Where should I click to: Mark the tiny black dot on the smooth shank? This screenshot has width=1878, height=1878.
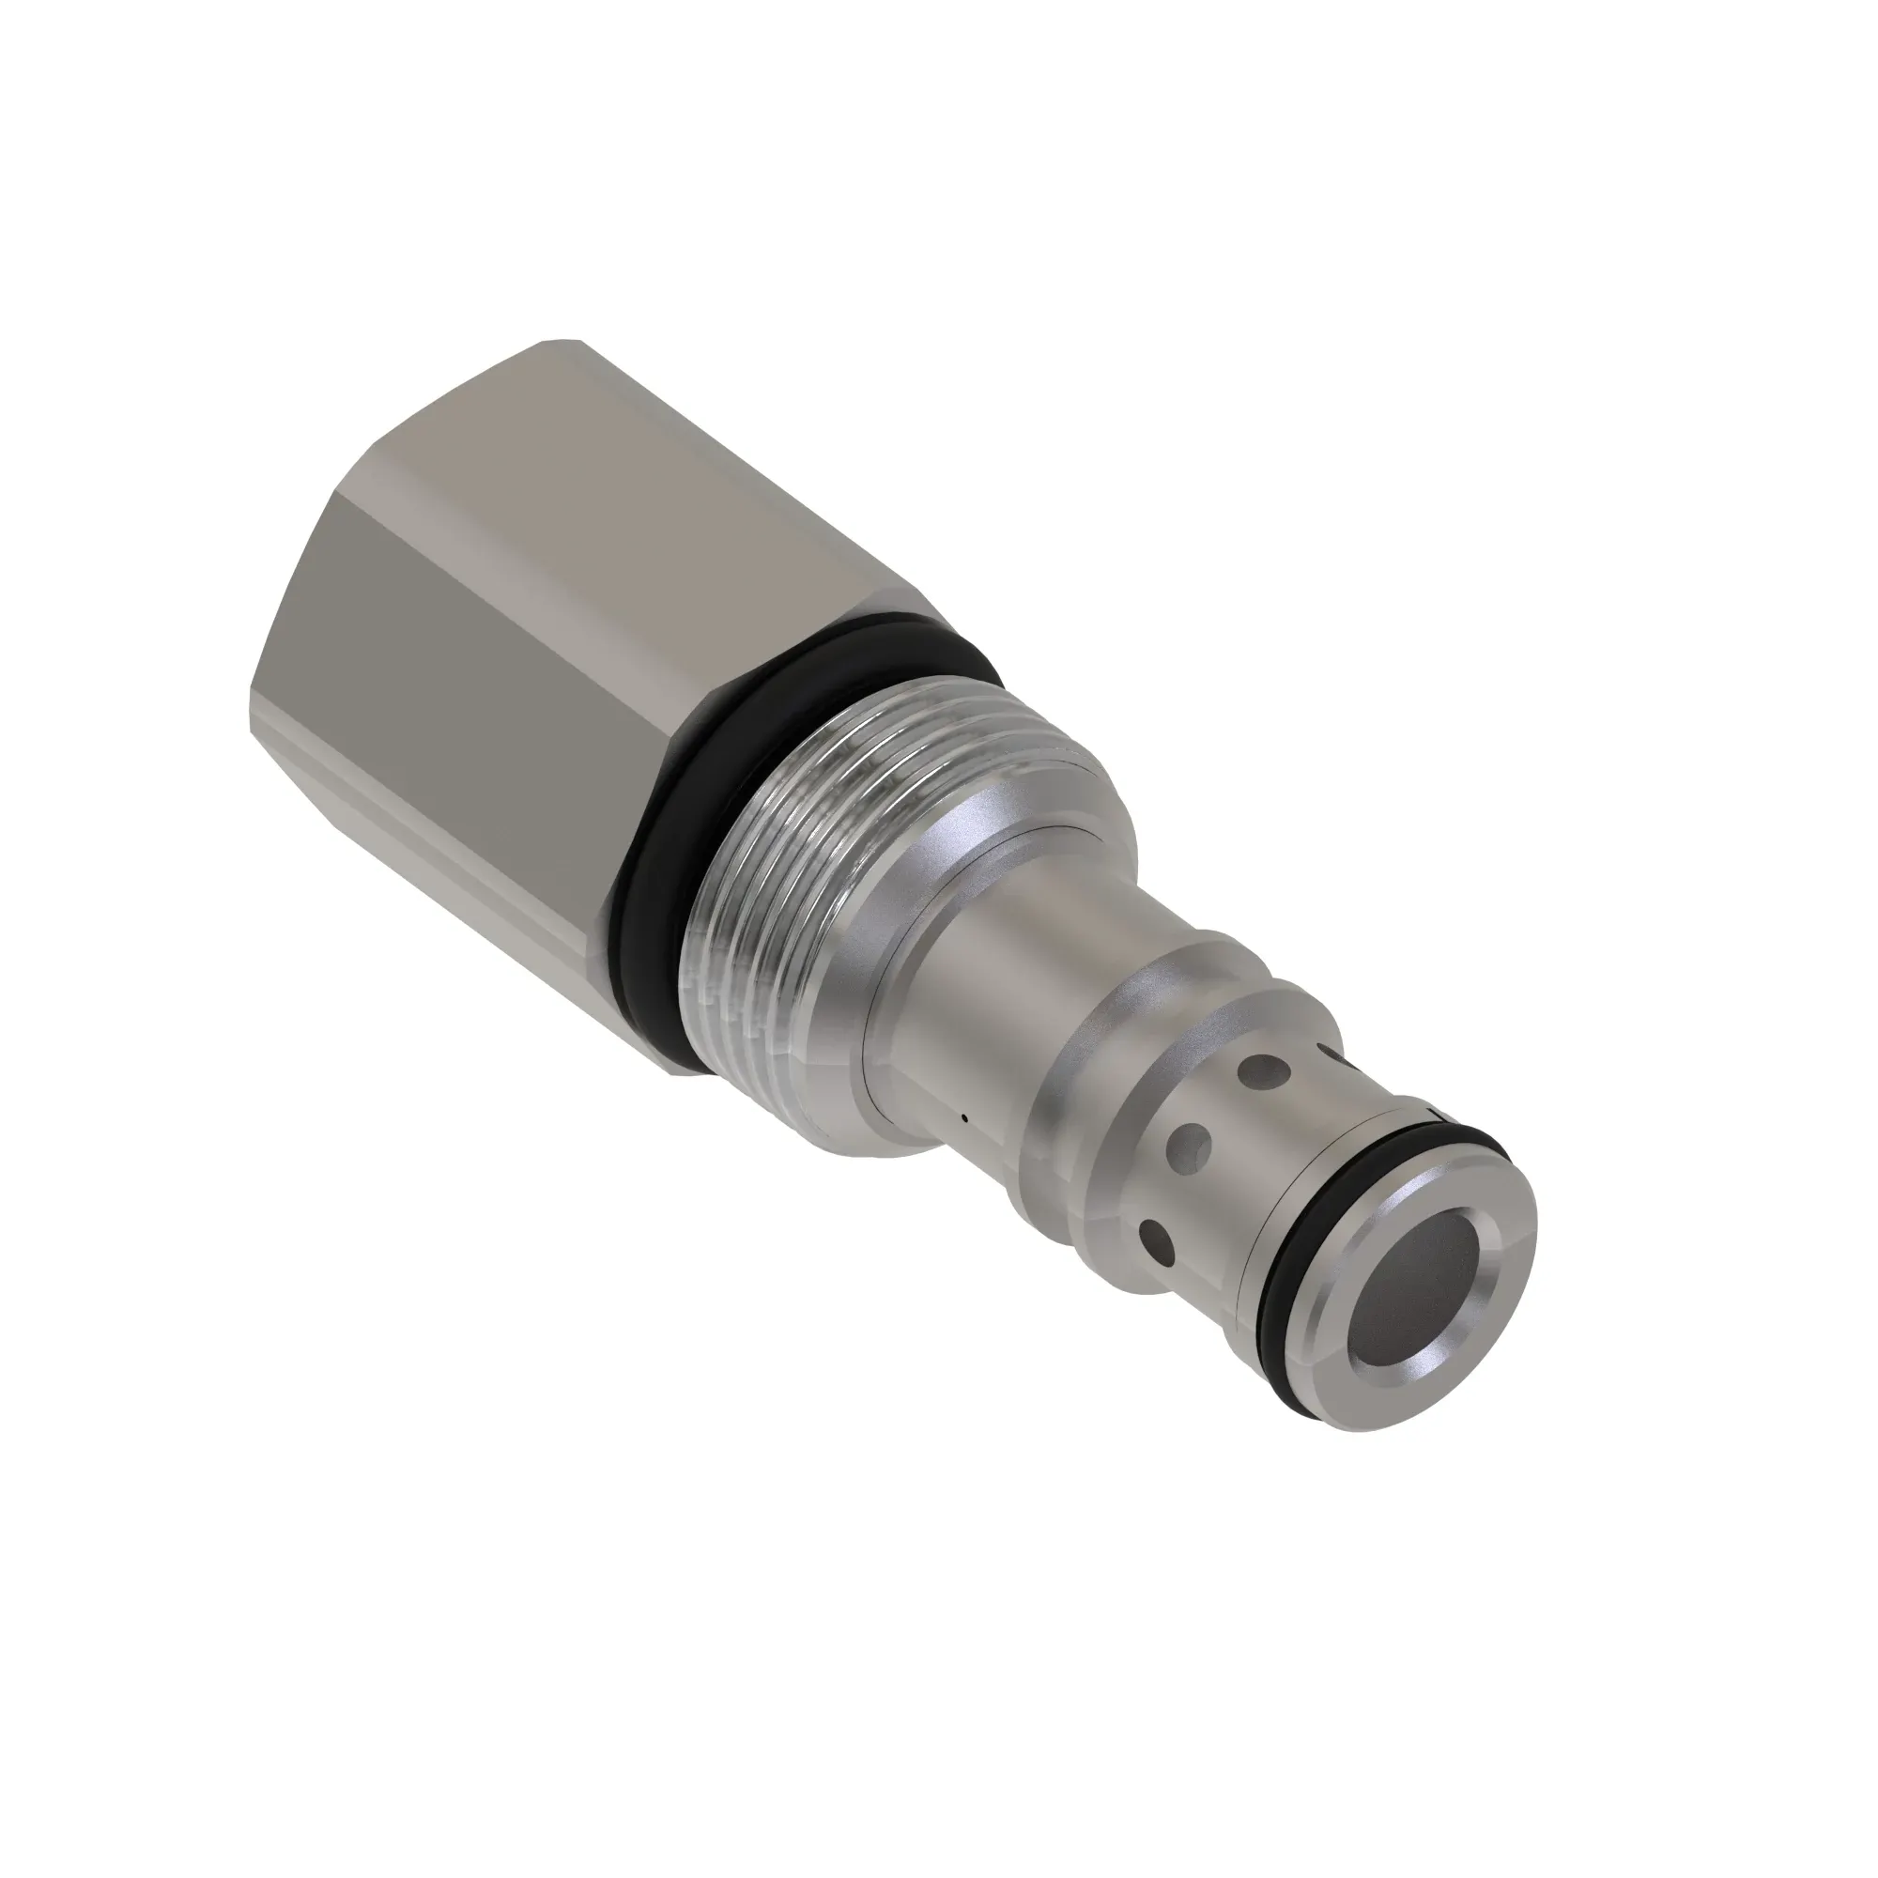(963, 1117)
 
